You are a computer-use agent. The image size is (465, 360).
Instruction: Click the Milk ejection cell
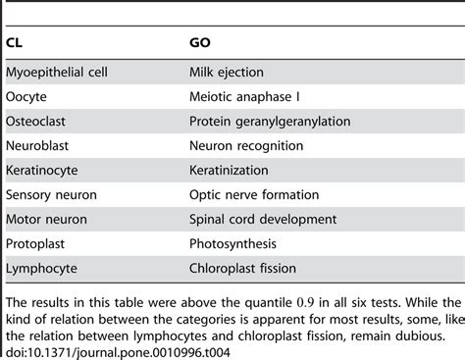point(227,74)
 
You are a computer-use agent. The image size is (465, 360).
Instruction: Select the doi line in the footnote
point(107,350)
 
